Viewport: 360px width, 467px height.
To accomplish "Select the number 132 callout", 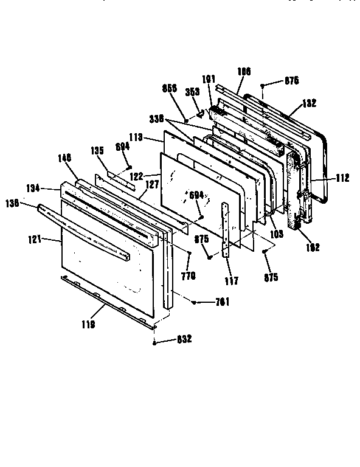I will coord(309,103).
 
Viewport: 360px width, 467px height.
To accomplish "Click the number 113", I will coord(136,138).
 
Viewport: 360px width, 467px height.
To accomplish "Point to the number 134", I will coord(50,189).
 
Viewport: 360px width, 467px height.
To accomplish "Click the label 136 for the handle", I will coord(29,205).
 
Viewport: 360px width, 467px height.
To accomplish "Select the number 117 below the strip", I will coord(231,281).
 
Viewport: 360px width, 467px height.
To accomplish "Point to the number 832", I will coord(183,339).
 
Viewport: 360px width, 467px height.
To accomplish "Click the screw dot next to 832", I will coord(156,343).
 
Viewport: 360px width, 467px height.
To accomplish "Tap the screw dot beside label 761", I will coord(194,302).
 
